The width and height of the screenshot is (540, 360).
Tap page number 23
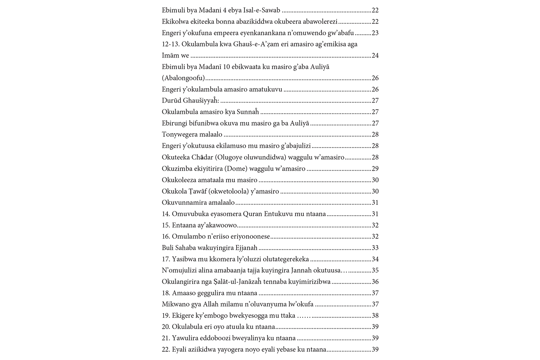(x=375, y=33)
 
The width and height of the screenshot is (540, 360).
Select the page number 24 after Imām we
(x=375, y=55)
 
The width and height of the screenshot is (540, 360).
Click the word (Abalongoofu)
(x=183, y=78)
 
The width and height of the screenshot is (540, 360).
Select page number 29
(x=375, y=168)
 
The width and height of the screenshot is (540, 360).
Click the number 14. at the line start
(x=166, y=214)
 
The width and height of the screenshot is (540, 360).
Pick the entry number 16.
(x=166, y=237)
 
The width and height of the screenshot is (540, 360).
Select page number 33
(x=375, y=248)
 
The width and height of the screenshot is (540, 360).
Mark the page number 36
(x=375, y=282)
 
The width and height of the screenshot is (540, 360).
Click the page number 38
(x=375, y=316)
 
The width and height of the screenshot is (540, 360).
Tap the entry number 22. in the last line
(x=166, y=350)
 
